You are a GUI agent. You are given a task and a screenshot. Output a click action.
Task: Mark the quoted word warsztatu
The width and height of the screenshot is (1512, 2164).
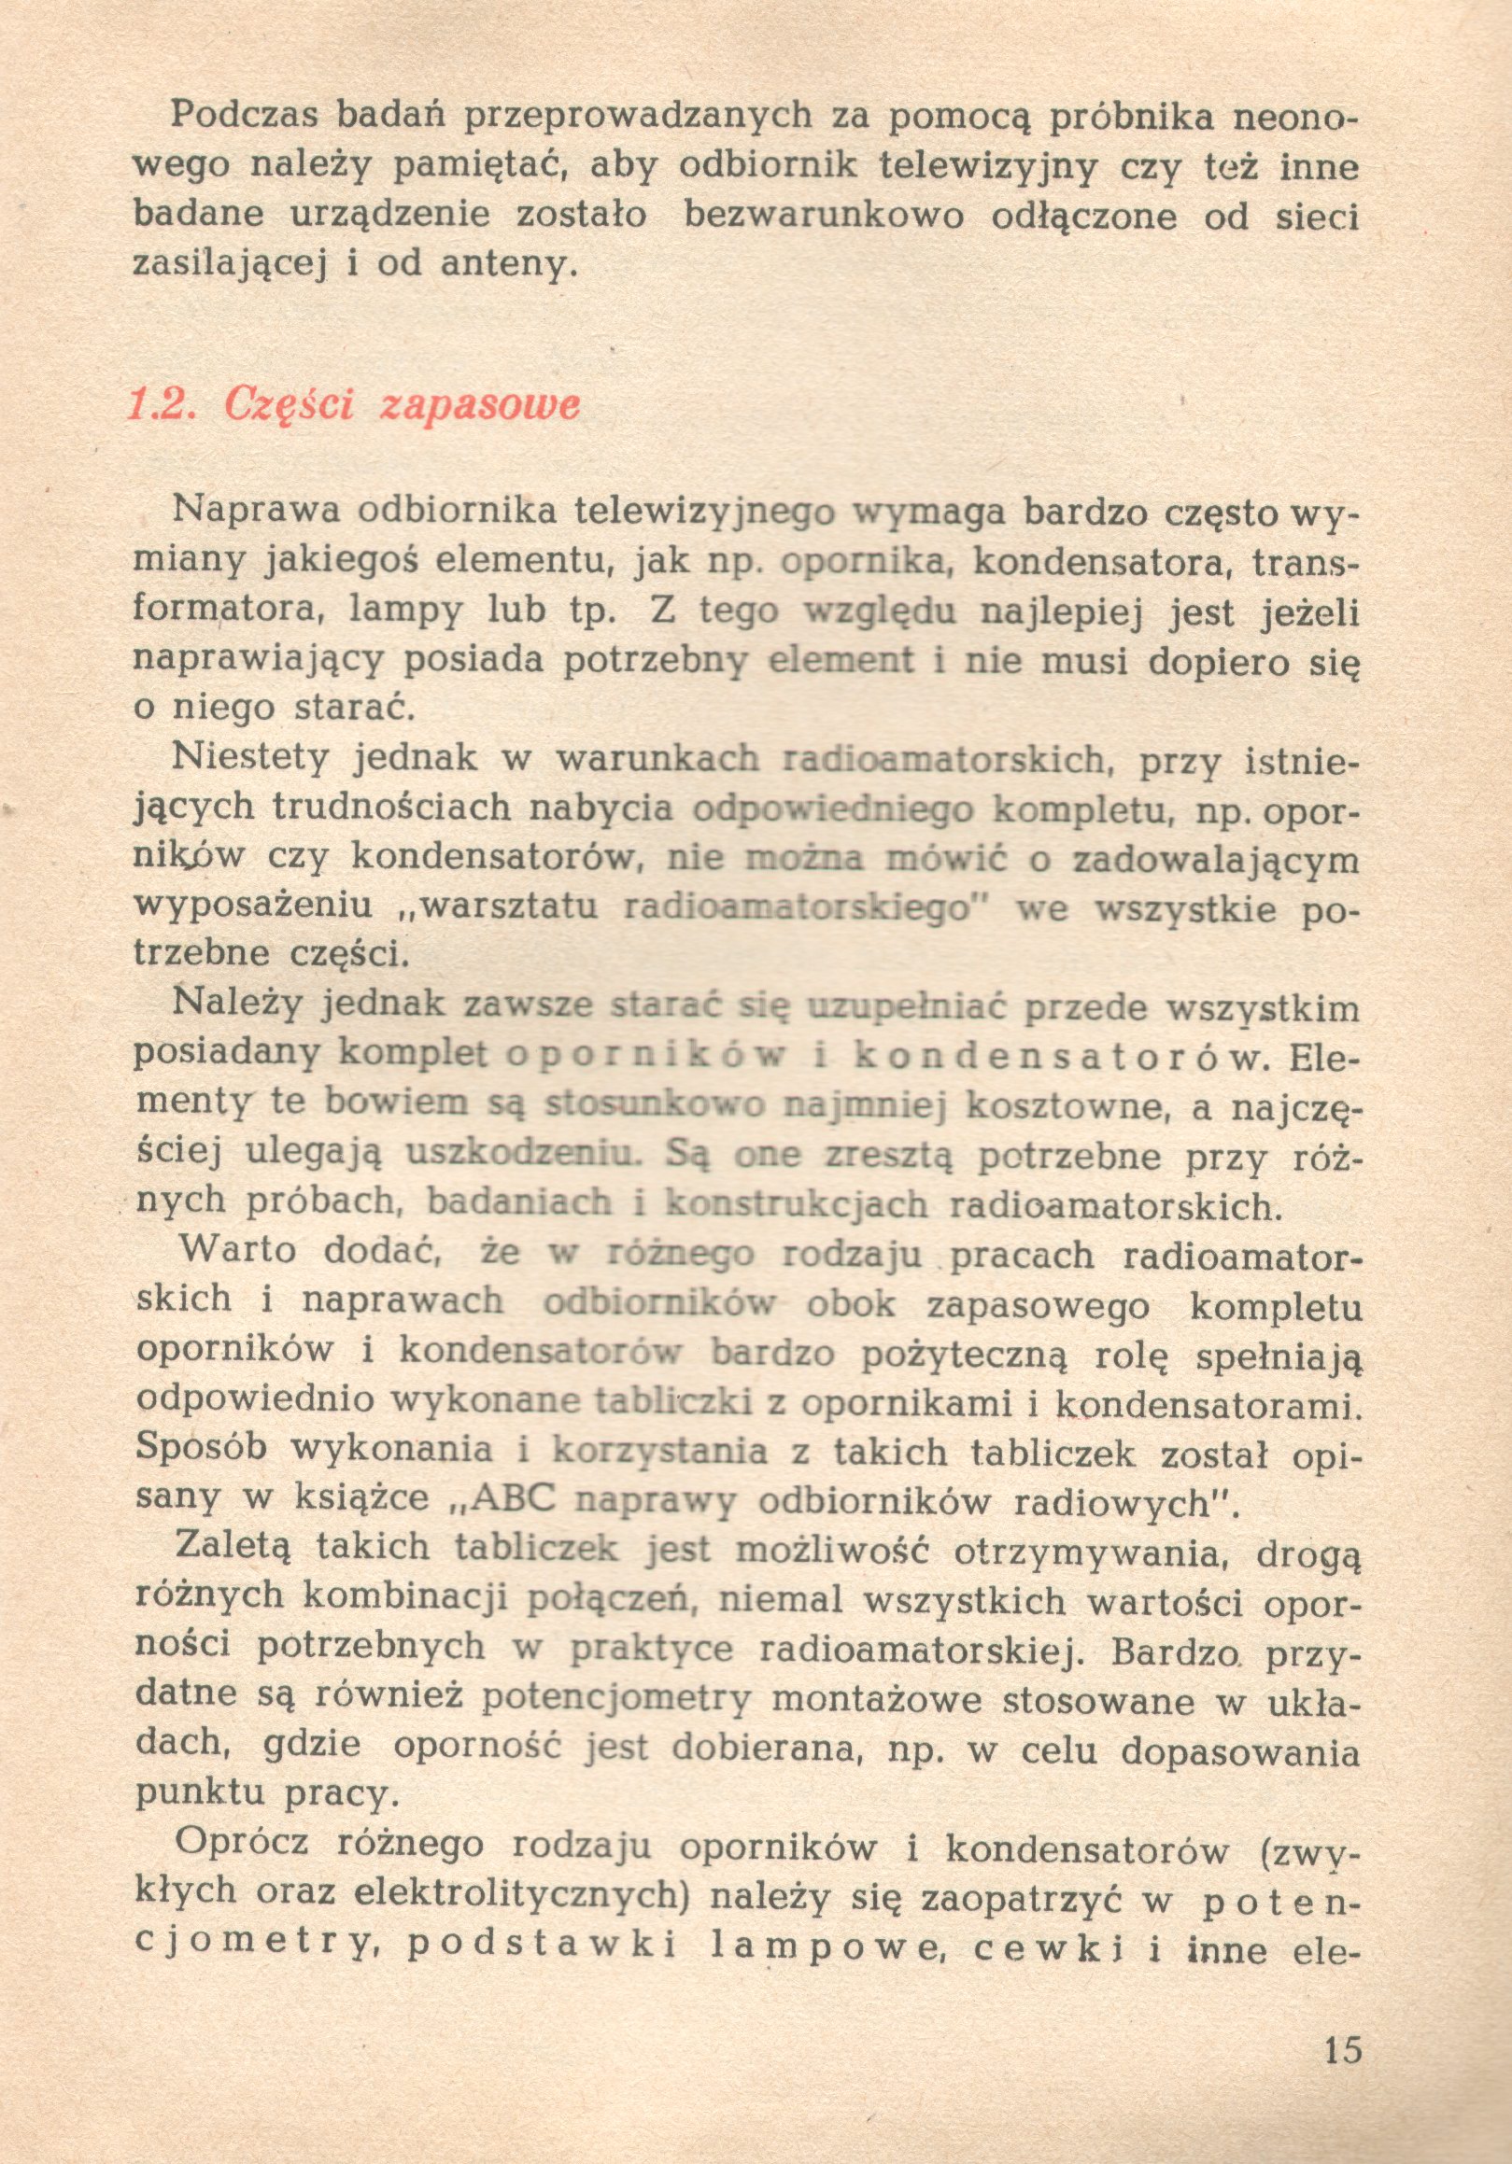508,907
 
